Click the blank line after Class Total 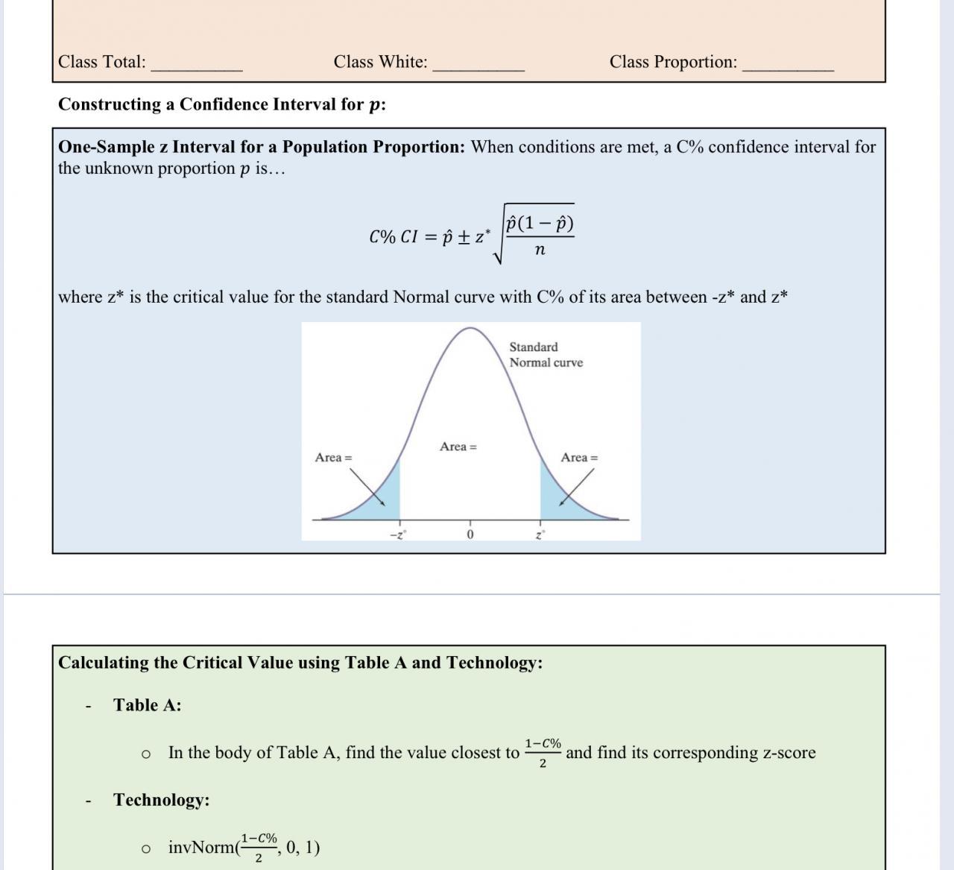coord(197,67)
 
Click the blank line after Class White coord(478,67)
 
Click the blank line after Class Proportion coord(788,67)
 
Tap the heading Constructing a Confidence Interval coord(222,104)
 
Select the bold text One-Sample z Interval coord(261,147)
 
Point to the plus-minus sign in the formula coord(463,237)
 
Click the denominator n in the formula coord(540,250)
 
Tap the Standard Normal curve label coord(546,355)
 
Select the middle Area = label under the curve coord(458,447)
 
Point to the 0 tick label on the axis coord(470,535)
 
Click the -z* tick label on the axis coord(398,535)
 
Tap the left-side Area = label coord(333,458)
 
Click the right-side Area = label coord(579,458)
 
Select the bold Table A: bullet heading coord(147,705)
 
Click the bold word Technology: coord(161,800)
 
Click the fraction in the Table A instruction coord(543,753)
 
